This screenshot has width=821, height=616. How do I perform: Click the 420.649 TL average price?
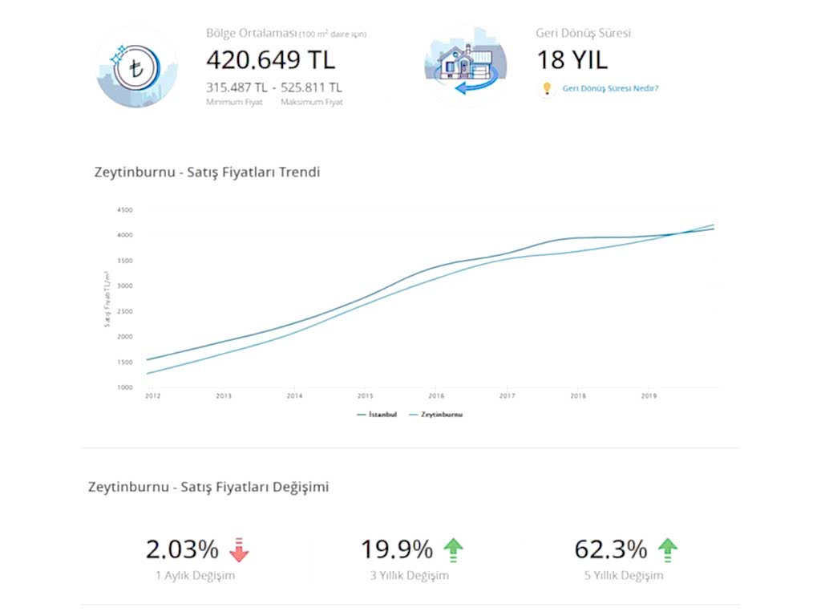(270, 60)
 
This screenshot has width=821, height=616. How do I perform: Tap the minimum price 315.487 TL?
(237, 87)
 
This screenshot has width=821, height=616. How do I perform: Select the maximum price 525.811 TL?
(311, 87)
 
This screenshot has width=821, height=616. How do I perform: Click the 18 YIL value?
(572, 60)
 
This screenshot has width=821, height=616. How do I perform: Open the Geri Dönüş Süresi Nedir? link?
(610, 88)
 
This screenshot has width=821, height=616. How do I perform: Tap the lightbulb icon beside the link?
(548, 88)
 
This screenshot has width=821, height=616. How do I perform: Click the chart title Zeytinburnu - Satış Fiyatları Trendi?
(207, 172)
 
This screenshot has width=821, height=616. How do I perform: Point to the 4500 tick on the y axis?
(124, 210)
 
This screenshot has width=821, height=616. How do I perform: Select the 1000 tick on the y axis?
(124, 387)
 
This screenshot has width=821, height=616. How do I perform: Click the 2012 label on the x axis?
(150, 396)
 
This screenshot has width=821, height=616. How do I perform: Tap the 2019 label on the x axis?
(649, 396)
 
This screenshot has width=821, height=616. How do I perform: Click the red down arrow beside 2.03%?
(239, 550)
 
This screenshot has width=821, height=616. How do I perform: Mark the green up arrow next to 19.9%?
(454, 549)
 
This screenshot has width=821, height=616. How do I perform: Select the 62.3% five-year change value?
(610, 549)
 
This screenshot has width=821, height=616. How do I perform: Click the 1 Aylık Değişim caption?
(196, 575)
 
